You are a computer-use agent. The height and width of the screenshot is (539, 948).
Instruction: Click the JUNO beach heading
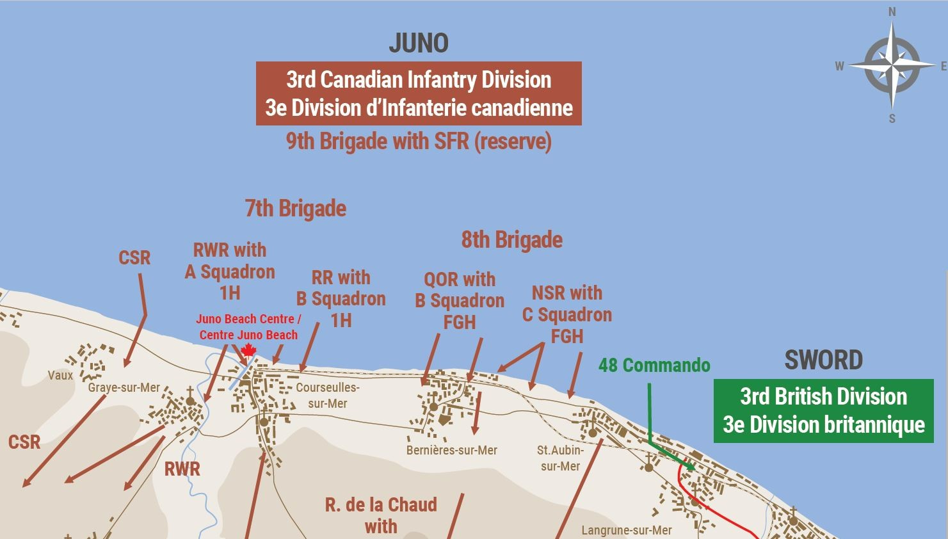tap(419, 43)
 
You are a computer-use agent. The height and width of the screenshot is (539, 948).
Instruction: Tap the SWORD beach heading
tap(823, 360)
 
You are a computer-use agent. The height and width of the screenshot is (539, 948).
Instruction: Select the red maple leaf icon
tap(248, 350)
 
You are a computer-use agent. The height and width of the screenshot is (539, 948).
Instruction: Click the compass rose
tap(892, 65)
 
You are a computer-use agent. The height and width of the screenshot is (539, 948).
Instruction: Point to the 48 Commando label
tap(654, 366)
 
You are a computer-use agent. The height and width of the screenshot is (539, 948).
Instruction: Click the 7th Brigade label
tap(295, 209)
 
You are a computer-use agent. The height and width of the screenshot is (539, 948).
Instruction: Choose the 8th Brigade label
tap(511, 240)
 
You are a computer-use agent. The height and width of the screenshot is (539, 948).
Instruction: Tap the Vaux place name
tap(60, 375)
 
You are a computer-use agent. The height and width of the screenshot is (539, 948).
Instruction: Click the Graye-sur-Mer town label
tap(124, 388)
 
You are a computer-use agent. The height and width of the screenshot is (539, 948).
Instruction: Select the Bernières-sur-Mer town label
tap(451, 450)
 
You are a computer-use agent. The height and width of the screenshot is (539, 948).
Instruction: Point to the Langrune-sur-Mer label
tap(626, 530)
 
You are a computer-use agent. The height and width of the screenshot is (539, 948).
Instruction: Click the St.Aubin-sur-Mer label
tap(560, 458)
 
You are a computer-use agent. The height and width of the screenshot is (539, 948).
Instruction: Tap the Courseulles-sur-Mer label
tap(327, 396)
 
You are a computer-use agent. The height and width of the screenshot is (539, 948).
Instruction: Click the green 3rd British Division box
tap(823, 410)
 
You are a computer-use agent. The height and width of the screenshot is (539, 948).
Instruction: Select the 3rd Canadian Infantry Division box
tap(419, 93)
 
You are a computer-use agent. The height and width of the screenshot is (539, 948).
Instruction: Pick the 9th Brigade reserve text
tap(419, 141)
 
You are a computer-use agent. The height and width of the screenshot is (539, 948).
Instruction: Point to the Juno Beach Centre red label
tap(248, 326)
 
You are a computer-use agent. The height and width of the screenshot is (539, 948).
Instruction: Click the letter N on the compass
tap(892, 12)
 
